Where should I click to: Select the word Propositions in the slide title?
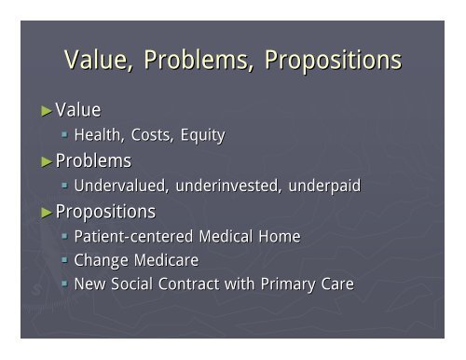[x=333, y=61]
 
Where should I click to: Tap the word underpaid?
[x=322, y=187]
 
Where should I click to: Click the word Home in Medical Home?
[x=280, y=237]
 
